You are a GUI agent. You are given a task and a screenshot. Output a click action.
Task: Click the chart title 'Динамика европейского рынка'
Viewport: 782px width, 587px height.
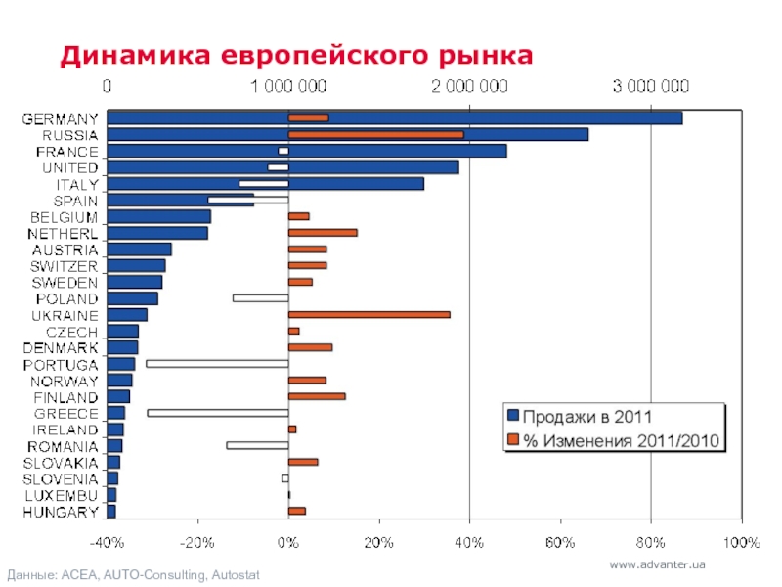[x=296, y=55]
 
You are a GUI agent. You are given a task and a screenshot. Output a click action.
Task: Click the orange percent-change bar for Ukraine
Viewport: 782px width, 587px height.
[x=369, y=314]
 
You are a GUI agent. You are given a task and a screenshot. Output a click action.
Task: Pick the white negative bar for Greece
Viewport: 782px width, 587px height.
[x=217, y=413]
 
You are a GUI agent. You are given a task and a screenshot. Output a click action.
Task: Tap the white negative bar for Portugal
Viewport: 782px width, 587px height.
[x=216, y=364]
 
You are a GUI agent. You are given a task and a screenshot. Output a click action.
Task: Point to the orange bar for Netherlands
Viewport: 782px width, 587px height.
[x=323, y=233]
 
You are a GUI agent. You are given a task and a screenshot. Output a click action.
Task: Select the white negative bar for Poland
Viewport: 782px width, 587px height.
[x=260, y=297]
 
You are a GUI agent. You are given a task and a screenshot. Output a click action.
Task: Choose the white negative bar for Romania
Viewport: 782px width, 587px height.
[x=257, y=445]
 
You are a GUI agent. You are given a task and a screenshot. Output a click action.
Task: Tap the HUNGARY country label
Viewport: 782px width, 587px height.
[x=61, y=512]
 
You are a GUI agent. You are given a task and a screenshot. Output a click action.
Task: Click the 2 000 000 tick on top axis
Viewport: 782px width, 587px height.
[x=469, y=86]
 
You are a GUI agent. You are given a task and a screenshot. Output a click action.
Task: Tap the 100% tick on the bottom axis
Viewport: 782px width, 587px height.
[x=742, y=541]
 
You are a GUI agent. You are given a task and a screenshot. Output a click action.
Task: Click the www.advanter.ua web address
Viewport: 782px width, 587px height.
[x=657, y=565]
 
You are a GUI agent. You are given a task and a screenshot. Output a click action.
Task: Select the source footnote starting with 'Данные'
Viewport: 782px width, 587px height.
[x=133, y=574]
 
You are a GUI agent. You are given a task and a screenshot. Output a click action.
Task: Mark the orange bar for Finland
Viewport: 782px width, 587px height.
[x=317, y=396]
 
